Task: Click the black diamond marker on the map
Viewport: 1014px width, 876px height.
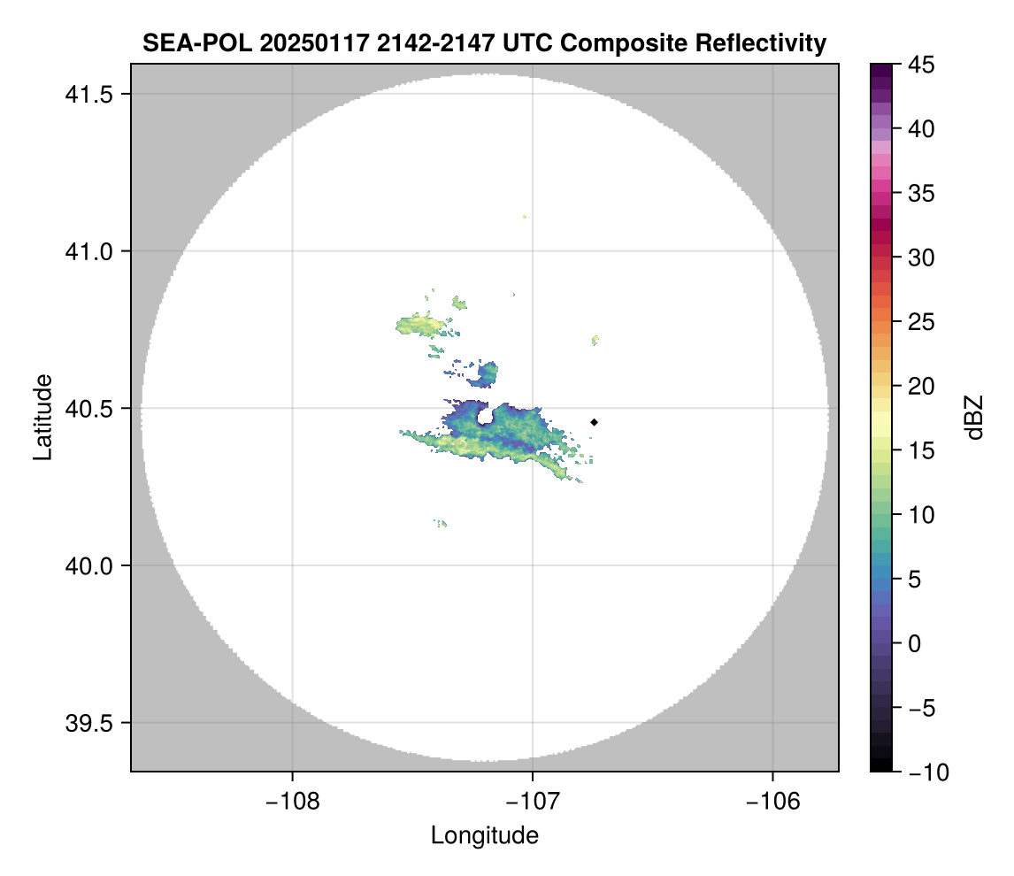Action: point(594,422)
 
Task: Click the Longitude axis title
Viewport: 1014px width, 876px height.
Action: point(484,835)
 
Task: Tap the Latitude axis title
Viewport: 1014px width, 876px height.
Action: point(42,417)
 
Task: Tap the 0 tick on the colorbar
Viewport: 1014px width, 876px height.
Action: point(917,643)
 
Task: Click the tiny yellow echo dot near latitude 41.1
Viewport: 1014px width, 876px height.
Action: point(525,216)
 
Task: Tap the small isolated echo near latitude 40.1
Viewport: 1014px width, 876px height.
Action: point(442,524)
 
